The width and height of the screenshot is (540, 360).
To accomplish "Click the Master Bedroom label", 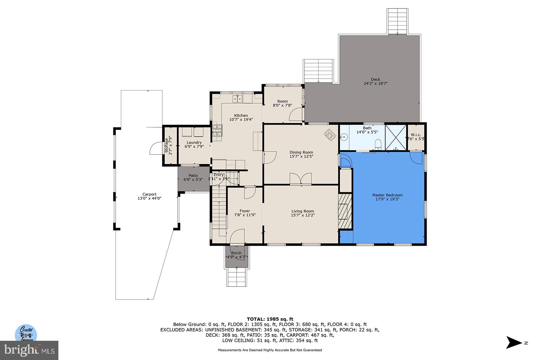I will [x=387, y=195].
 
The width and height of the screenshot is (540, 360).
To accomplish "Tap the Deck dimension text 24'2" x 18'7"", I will [x=375, y=84].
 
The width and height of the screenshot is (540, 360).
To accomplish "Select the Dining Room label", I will [x=301, y=152].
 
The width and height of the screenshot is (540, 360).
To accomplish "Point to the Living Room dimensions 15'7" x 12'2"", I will [x=302, y=215].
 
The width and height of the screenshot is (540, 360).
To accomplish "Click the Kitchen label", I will [x=241, y=115].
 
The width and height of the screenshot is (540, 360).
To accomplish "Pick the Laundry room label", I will [x=194, y=142].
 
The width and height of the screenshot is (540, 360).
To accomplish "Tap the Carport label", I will [x=149, y=194].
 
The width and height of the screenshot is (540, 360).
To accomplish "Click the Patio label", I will [x=193, y=175].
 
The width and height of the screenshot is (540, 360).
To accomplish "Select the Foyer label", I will [x=245, y=211].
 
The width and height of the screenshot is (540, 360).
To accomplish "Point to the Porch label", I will [x=236, y=253].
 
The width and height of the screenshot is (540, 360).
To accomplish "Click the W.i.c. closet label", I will [x=416, y=135].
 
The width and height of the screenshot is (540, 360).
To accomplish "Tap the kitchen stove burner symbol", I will [x=217, y=130].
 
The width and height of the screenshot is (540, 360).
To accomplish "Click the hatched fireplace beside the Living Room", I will [x=345, y=211].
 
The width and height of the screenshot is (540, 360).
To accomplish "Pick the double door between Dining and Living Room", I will [x=301, y=179].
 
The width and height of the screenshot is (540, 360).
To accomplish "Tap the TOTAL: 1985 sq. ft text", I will [x=270, y=319].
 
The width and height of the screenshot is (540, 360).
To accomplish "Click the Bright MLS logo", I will [x=29, y=351].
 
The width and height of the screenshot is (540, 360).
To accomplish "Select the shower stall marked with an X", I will [x=396, y=137].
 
